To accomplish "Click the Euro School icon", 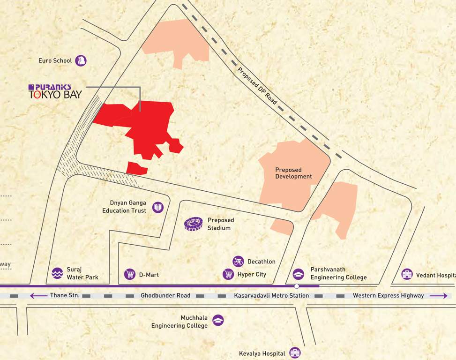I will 81,60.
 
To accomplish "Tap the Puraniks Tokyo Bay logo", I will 55,91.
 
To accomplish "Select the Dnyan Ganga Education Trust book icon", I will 158,207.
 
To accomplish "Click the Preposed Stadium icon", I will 194,224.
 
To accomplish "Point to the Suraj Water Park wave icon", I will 57,273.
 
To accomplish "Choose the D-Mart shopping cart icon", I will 130,274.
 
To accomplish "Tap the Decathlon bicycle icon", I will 238,261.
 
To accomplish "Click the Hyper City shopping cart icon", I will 228,274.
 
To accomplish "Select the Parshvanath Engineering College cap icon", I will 298,274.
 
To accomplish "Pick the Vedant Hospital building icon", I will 407,274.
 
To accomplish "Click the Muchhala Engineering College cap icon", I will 218,320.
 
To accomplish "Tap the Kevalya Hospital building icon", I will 295,352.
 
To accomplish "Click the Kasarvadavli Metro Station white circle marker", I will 297,285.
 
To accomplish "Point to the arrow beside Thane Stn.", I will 38,296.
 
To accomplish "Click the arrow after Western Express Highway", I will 439,296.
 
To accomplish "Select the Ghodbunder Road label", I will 165,296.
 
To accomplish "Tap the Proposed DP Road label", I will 254,83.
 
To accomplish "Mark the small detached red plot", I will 137,168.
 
